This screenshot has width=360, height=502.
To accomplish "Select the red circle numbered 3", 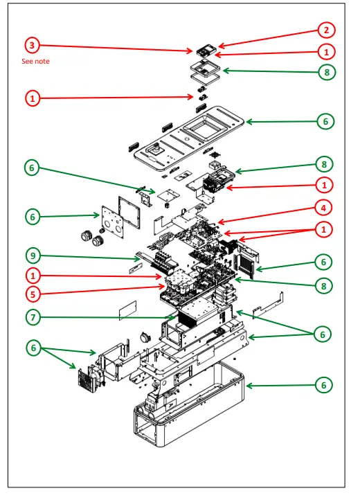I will click(32, 46).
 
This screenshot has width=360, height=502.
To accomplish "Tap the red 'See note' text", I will click(35, 62).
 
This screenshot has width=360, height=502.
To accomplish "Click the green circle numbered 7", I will click(32, 318).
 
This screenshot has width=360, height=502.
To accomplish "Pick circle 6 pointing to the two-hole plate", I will click(32, 217).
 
